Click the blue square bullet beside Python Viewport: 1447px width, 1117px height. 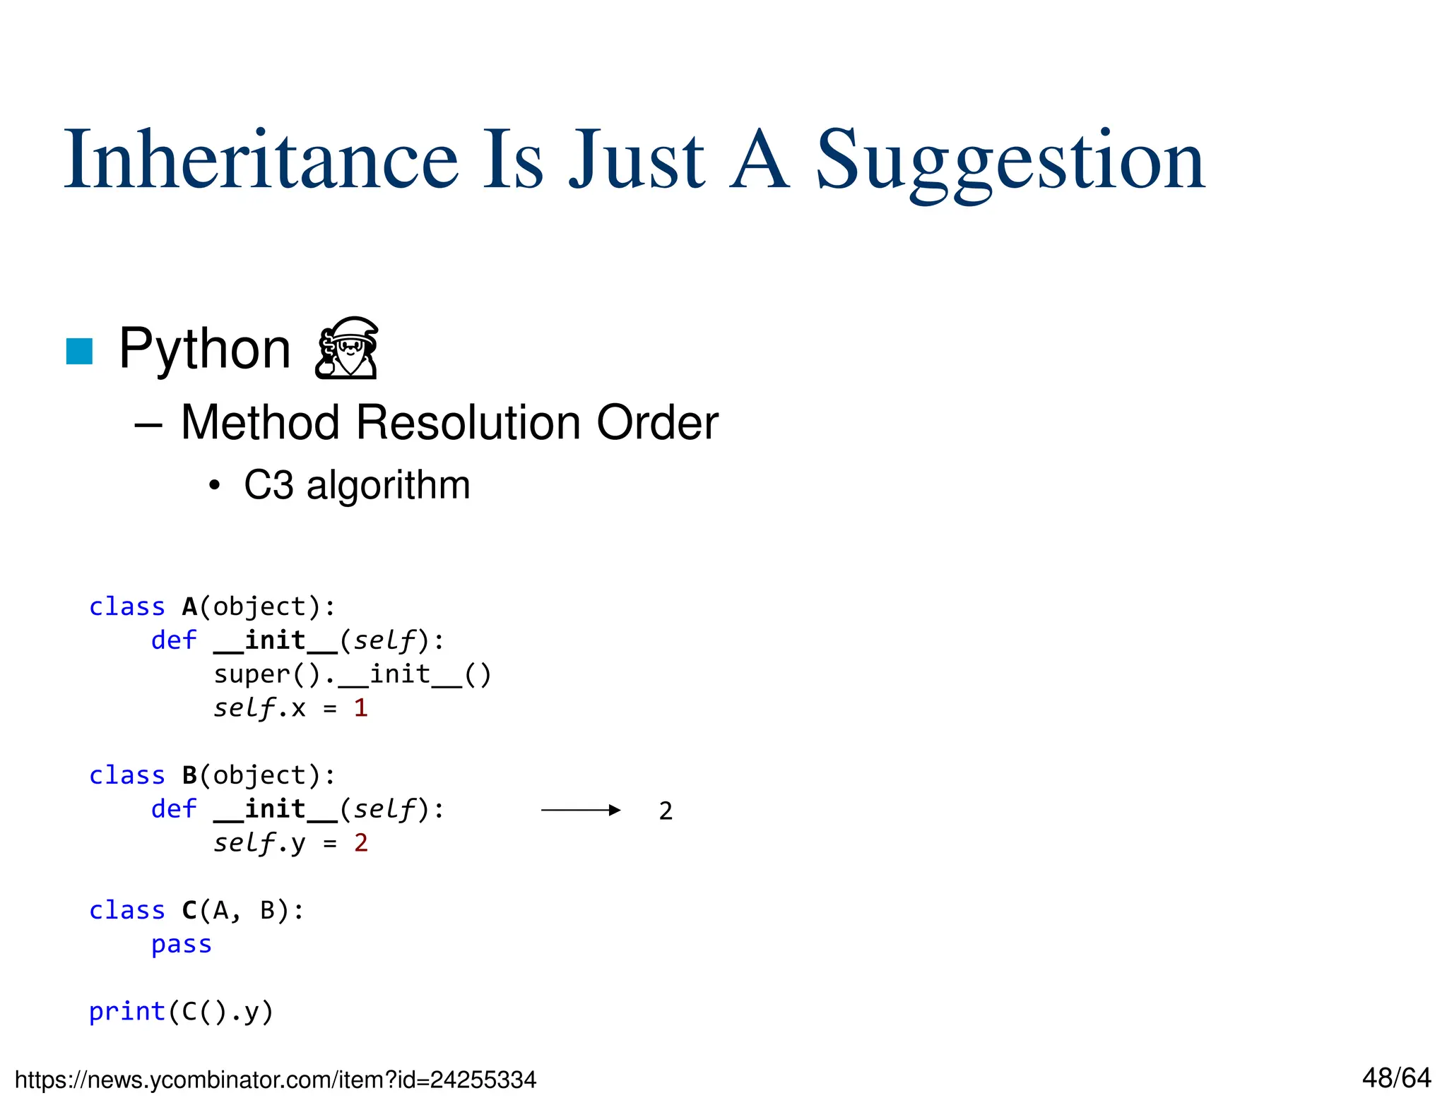pos(79,351)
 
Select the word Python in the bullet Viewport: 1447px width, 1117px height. pos(205,349)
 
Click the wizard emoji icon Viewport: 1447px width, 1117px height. pos(347,348)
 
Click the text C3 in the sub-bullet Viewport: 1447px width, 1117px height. pos(268,485)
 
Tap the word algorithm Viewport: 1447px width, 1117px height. pos(388,485)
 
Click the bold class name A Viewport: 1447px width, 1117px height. pos(189,607)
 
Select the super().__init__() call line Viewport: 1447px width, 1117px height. pos(352,674)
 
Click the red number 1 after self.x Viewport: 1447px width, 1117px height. pos(360,707)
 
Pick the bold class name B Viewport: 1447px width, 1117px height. pos(189,775)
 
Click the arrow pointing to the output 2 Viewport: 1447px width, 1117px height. pos(580,810)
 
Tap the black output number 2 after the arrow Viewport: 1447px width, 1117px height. pos(666,811)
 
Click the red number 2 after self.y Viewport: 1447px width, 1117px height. pos(360,842)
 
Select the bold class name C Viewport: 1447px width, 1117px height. pos(189,910)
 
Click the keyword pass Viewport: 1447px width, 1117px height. pos(182,944)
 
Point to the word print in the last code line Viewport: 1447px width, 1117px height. pos(127,1012)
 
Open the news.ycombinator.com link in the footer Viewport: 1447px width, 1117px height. pos(276,1080)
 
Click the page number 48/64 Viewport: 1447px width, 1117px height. pos(1396,1078)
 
